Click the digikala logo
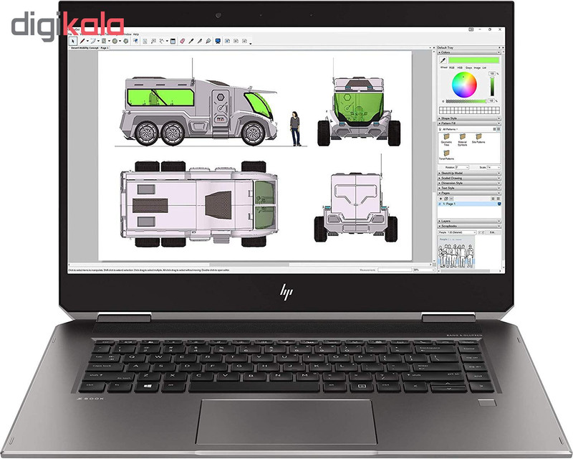click(67, 25)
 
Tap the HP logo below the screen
click(286, 292)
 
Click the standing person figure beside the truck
click(294, 128)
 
